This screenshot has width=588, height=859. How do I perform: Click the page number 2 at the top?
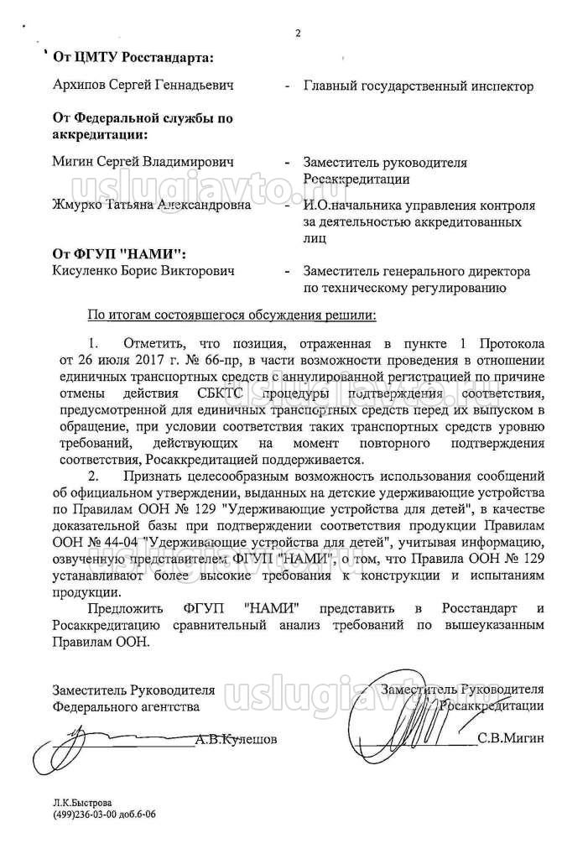[296, 34]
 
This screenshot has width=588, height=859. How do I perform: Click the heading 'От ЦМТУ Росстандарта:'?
[133, 57]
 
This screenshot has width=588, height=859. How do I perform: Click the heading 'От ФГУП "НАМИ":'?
[120, 253]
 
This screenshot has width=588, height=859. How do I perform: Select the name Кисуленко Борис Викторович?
[143, 271]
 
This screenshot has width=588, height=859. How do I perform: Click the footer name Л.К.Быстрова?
[81, 802]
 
